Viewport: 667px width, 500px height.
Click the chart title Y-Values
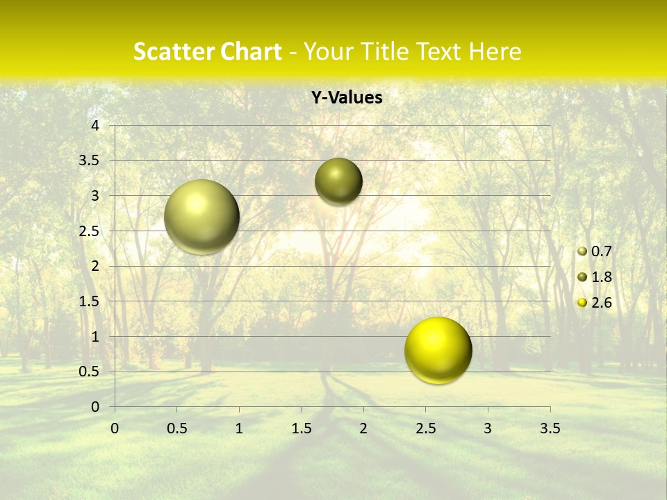[346, 98]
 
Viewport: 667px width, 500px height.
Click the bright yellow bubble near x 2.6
[438, 350]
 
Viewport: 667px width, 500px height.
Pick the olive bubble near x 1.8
[338, 181]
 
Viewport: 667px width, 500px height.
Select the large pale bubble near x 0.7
[201, 217]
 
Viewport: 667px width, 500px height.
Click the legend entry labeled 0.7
[601, 251]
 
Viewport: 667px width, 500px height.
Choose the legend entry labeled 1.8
[601, 277]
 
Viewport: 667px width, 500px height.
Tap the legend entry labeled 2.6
[601, 303]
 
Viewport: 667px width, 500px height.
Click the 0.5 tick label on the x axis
[176, 428]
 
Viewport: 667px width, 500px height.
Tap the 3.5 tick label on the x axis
[550, 428]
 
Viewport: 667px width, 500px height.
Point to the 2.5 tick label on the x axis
[425, 428]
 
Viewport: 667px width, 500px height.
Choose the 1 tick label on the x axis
[239, 428]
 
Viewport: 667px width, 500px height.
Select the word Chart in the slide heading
[247, 51]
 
